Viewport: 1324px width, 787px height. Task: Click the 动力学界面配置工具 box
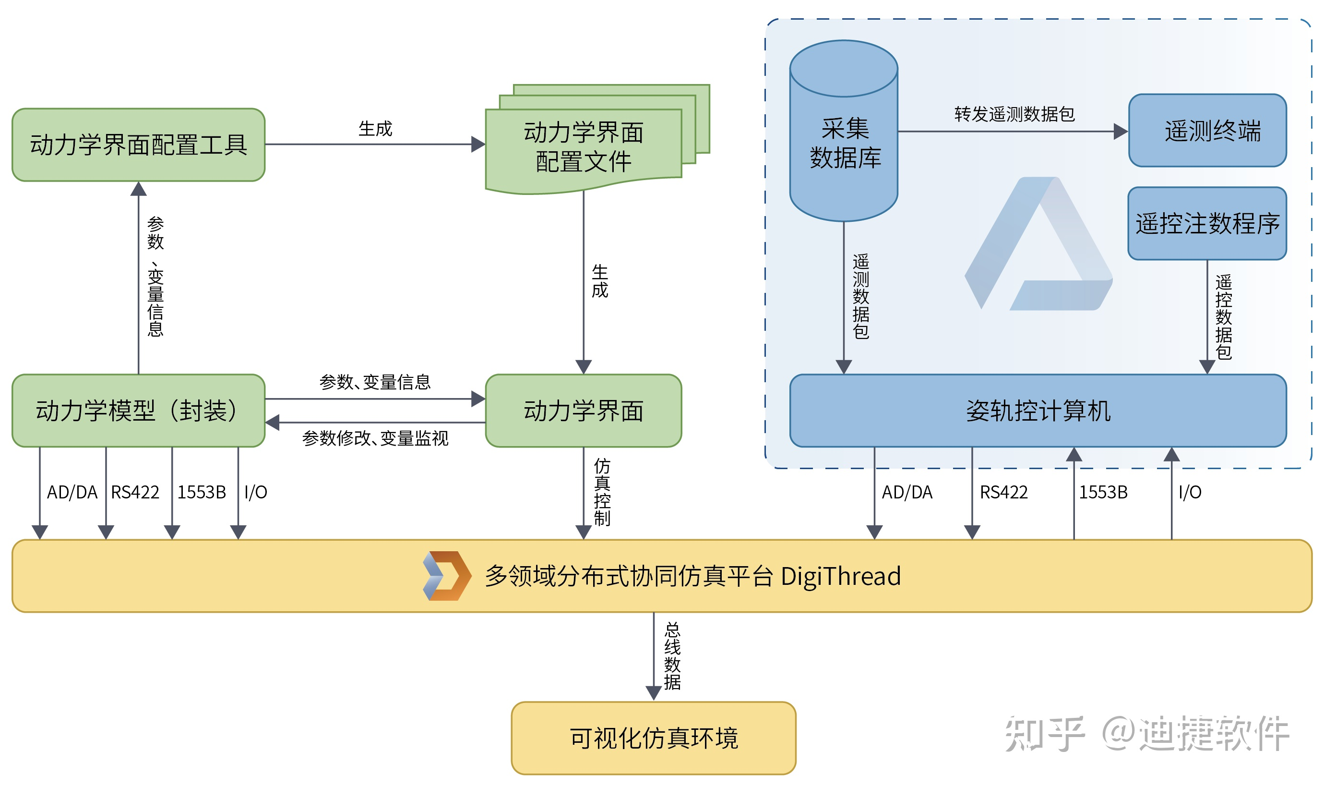[138, 145]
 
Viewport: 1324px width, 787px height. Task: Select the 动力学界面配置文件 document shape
[584, 147]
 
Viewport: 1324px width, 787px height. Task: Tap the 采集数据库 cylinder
[843, 143]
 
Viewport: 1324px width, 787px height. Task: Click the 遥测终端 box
[1207, 131]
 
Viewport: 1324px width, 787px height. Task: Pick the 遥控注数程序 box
[1207, 223]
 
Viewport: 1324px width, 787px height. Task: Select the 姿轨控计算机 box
[1038, 411]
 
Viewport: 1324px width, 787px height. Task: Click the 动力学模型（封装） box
[138, 411]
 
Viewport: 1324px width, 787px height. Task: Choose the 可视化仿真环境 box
[653, 738]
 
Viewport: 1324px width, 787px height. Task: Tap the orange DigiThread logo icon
[447, 575]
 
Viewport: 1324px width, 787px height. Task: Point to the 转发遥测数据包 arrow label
[1014, 114]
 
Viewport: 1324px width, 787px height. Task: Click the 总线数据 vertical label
[672, 655]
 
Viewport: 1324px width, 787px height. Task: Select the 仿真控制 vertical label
[602, 492]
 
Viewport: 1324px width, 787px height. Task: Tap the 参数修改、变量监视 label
[375, 438]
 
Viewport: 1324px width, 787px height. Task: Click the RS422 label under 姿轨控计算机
[1003, 492]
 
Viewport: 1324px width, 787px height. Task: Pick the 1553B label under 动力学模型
[202, 492]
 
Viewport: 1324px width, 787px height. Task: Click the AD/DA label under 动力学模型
[72, 492]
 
